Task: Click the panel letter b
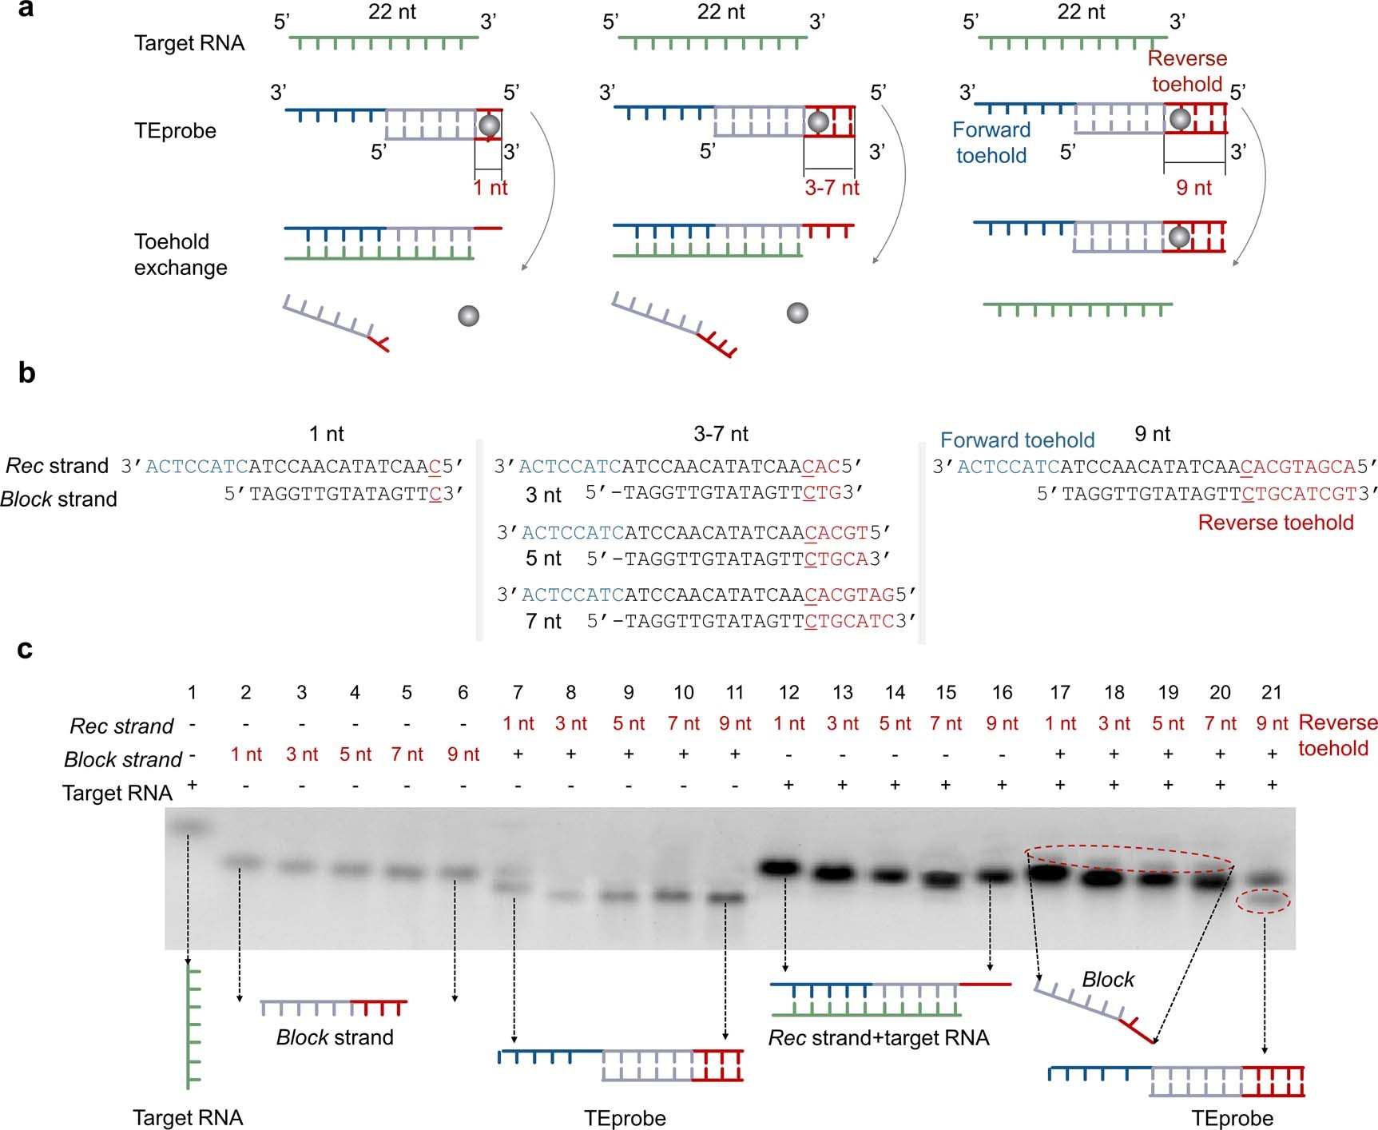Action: [26, 372]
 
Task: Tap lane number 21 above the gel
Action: [1270, 692]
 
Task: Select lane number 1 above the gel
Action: [192, 692]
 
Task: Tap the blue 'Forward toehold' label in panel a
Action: [991, 142]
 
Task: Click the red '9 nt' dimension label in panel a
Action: [1193, 188]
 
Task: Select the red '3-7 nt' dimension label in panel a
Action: [832, 188]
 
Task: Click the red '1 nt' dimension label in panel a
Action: [490, 188]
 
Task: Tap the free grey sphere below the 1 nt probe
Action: [468, 315]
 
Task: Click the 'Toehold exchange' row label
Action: [181, 254]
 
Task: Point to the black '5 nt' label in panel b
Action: [543, 558]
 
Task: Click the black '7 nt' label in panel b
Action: [543, 621]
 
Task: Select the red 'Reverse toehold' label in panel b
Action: [1276, 523]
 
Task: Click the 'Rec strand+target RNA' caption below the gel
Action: [879, 1037]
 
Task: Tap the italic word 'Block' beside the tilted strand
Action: [1108, 979]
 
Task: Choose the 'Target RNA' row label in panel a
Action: [189, 43]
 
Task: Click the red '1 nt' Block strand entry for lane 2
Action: [246, 754]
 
